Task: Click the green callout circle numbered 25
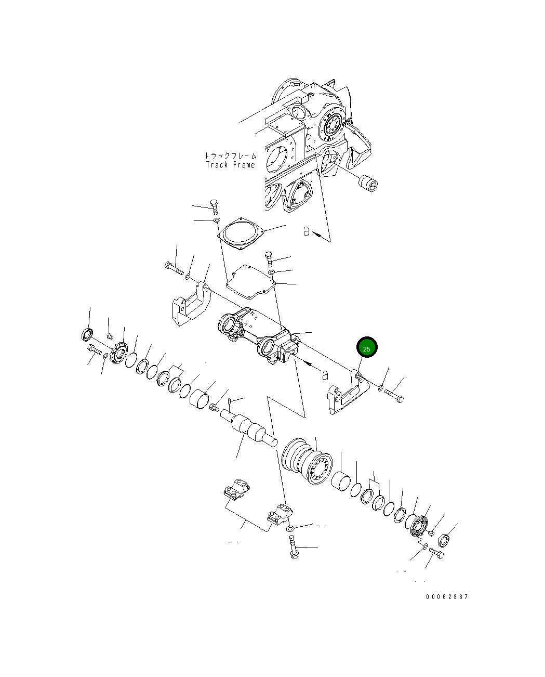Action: (x=366, y=348)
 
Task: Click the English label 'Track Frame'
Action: (x=230, y=165)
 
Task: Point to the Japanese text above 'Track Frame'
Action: (x=230, y=155)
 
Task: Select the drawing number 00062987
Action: (x=447, y=596)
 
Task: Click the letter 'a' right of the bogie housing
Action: (x=325, y=374)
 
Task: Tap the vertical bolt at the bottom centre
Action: (x=293, y=549)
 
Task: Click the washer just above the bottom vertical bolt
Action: (x=290, y=529)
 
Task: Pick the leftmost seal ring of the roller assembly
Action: (x=86, y=334)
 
